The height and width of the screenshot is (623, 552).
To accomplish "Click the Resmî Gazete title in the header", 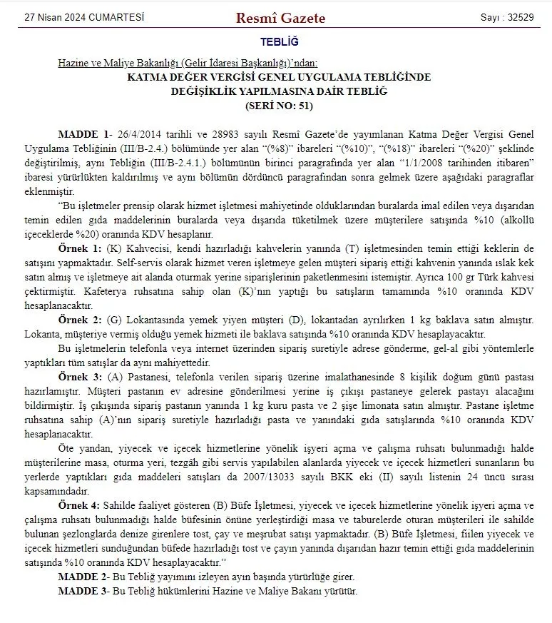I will (x=280, y=18).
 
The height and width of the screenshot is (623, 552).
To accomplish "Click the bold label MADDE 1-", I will (x=85, y=134).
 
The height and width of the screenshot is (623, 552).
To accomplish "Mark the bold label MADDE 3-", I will (x=83, y=591).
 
